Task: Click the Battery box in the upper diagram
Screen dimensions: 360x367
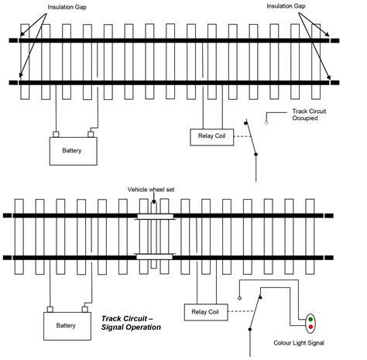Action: (75, 150)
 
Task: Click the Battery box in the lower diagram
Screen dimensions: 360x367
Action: (67, 325)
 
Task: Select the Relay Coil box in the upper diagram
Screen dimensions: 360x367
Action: (211, 136)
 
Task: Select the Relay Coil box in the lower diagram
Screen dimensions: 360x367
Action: (204, 311)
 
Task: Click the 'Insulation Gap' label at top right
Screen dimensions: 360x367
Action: (287, 6)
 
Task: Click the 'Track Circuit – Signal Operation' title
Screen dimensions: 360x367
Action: (132, 323)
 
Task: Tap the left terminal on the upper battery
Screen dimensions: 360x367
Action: (56, 135)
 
